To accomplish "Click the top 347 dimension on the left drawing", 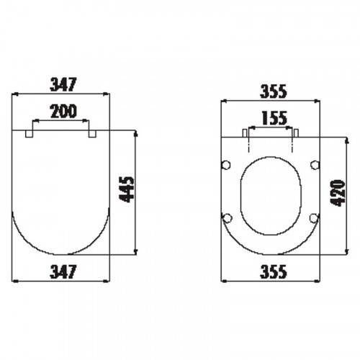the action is point(63,84).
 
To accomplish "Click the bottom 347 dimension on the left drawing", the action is point(63,271).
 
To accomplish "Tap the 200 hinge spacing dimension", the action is point(63,111).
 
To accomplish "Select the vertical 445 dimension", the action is point(127,189).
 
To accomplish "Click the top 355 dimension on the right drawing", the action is point(274,91).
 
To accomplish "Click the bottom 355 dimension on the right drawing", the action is point(274,271).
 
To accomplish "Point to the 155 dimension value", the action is point(274,118).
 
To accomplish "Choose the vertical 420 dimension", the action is point(338,193).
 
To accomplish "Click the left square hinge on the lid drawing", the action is point(29,134).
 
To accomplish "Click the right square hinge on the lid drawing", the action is point(92,134).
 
